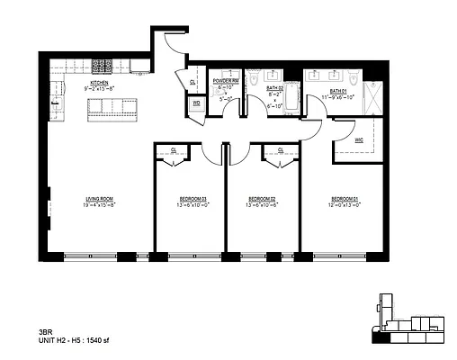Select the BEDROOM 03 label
coord(191,199)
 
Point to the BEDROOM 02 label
coord(261,199)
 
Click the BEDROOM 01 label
coord(345,199)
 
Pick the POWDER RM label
coord(224,81)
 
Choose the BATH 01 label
coord(338,92)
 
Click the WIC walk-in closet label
coord(359,139)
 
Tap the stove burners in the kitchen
coord(103,67)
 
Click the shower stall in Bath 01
coord(372,97)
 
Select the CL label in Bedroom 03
coord(174,150)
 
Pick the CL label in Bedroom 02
coord(281,150)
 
